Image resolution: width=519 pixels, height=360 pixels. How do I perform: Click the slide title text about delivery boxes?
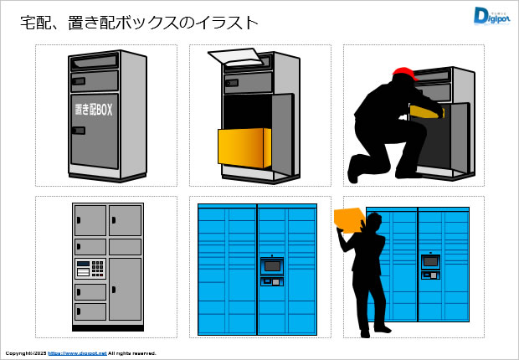point(139,23)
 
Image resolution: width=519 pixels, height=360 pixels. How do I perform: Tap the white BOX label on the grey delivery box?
point(93,111)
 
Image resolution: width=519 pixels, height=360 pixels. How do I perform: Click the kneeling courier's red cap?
point(403,74)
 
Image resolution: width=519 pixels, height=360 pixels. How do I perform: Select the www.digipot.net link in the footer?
point(77,353)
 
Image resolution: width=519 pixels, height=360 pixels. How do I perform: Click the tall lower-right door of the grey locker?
point(125,288)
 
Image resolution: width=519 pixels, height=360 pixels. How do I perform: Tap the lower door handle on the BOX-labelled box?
point(78,131)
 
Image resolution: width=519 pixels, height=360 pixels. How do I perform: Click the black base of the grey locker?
point(107,326)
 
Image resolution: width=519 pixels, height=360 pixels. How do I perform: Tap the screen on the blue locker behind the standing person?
point(430,261)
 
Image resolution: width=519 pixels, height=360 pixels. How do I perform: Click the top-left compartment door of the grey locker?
point(90,219)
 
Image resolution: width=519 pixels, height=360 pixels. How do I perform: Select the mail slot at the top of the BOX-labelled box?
point(93,62)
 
